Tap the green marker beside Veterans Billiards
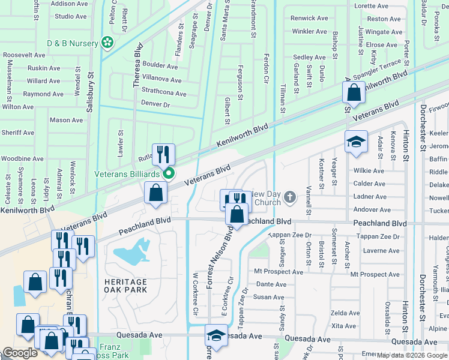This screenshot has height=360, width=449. coord(170,174)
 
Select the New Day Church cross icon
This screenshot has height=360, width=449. coord(290,197)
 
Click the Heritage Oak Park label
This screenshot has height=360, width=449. coord(124,286)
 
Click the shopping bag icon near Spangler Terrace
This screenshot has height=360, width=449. coord(354,93)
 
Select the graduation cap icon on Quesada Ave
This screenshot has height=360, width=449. coord(216,336)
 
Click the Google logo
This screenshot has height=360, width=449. coord(20,353)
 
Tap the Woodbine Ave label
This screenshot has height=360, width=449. coord(22,158)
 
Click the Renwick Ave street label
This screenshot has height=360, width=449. coord(309,19)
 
